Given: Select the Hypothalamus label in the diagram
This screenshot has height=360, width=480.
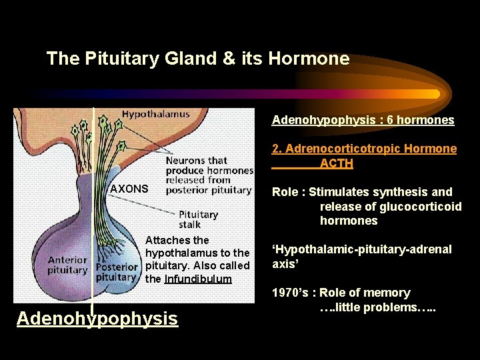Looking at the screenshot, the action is (x=155, y=114).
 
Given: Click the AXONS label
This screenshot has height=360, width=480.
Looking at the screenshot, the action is (x=129, y=189).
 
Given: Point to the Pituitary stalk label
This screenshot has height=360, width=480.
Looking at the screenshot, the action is (x=199, y=219).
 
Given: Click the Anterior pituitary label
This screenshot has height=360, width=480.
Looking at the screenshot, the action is (x=67, y=265).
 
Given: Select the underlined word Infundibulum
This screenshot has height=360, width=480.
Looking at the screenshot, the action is (x=198, y=279).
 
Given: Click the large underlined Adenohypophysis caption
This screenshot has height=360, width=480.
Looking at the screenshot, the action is (x=97, y=319).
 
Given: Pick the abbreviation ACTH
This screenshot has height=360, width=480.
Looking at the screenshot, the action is (x=336, y=163).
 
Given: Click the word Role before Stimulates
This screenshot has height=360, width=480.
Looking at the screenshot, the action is (x=285, y=192).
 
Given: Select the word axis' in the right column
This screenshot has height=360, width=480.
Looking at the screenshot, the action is (x=285, y=263).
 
